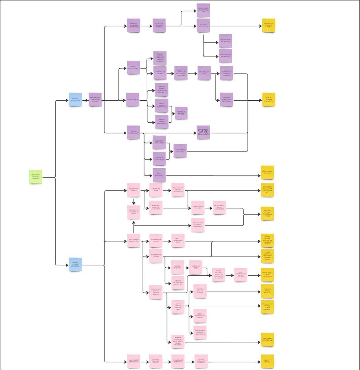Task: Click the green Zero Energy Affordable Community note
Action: click(35, 177)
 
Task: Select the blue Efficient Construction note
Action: click(76, 100)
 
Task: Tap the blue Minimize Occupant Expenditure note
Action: click(75, 265)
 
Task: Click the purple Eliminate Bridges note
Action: click(181, 113)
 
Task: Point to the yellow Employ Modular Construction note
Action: click(269, 100)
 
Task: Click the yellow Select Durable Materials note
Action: click(267, 172)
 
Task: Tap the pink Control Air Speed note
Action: click(196, 267)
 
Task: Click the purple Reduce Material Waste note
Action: click(133, 132)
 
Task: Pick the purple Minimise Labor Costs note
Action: click(204, 73)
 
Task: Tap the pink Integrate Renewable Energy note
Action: click(156, 361)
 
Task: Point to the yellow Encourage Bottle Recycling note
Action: click(267, 291)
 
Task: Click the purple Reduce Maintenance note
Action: click(159, 175)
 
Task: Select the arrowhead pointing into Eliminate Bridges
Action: click(174, 113)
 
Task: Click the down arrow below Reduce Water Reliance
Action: click(134, 203)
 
